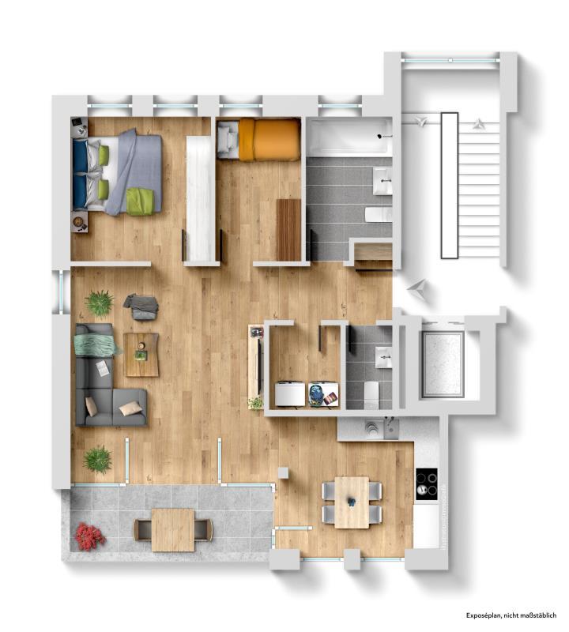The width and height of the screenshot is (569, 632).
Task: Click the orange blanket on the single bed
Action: (x=269, y=140)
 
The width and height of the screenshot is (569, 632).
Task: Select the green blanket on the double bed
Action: (x=141, y=201)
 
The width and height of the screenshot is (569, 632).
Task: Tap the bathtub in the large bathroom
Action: (x=349, y=137)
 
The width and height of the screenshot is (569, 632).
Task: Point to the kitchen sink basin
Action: (x=390, y=428)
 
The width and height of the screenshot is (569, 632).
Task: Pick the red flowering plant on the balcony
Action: (x=90, y=536)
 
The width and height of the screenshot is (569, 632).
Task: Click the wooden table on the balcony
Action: (x=172, y=529)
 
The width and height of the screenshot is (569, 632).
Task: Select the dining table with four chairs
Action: (x=352, y=502)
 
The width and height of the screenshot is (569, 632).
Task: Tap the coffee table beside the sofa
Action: (x=141, y=355)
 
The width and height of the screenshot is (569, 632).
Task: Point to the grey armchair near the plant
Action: (x=141, y=307)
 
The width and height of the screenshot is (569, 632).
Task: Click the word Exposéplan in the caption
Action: (x=484, y=615)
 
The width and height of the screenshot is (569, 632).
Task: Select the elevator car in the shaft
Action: (x=442, y=364)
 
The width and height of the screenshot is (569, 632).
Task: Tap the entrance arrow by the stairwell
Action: (x=416, y=289)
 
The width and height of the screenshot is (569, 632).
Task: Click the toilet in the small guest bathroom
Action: (x=371, y=395)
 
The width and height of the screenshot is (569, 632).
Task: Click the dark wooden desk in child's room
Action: (x=288, y=230)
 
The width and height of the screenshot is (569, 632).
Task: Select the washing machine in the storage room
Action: (x=290, y=394)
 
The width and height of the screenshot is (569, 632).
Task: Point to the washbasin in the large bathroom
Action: (x=382, y=181)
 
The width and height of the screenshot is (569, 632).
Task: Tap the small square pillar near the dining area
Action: (x=284, y=472)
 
